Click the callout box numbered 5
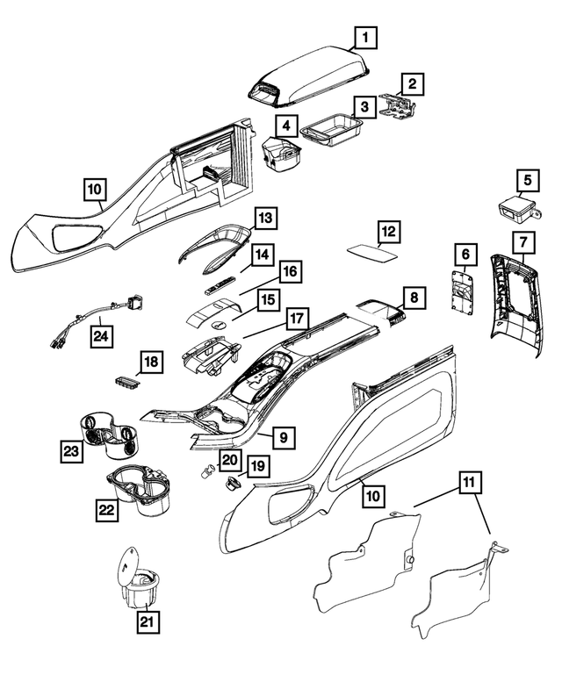527,181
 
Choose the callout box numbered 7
522,240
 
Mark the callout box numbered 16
290,270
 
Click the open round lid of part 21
129,559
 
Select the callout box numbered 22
107,507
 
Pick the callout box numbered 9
283,435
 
